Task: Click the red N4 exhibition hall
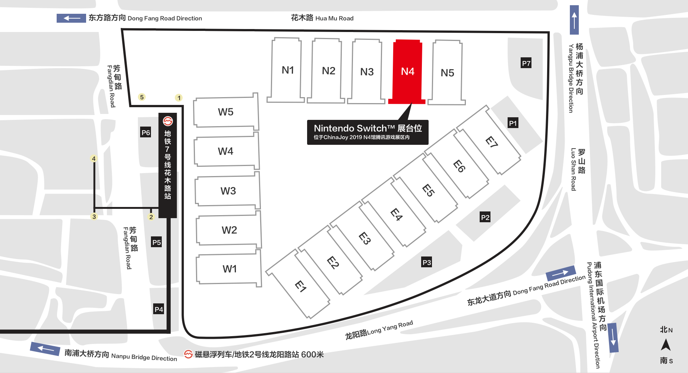[x=407, y=71]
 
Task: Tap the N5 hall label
[x=447, y=73]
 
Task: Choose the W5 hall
[x=225, y=112]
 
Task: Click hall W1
[x=230, y=269]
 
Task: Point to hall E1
[x=300, y=286]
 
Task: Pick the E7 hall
[x=491, y=142]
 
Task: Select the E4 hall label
[x=396, y=214]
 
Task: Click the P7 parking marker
[x=526, y=63]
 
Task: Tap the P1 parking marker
[x=513, y=123]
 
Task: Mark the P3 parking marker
[x=426, y=262]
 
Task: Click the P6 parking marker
[x=146, y=133]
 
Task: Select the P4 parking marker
[x=159, y=309]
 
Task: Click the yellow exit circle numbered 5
[x=142, y=97]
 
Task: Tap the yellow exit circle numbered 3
[x=94, y=217]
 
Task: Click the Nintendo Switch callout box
[x=367, y=132]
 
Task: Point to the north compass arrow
[x=666, y=345]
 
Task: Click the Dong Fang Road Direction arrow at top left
[x=71, y=18]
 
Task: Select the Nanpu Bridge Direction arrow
[x=45, y=349]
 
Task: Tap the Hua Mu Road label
[x=322, y=18]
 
